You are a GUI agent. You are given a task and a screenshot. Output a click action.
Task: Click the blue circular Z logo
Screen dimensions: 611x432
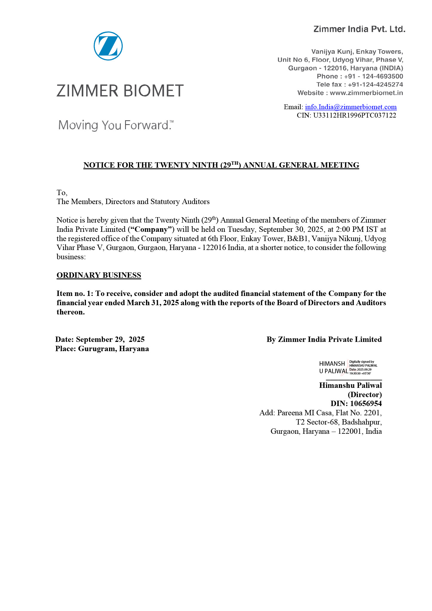tap(108, 46)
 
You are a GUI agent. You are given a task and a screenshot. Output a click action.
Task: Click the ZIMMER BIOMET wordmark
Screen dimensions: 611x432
tap(120, 91)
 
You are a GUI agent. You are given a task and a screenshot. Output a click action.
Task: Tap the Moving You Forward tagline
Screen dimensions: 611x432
tap(116, 125)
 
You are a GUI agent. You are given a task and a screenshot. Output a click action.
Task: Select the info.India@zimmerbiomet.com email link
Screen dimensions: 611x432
tap(351, 107)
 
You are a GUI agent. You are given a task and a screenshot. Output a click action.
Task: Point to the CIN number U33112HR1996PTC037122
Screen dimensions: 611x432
tap(355, 115)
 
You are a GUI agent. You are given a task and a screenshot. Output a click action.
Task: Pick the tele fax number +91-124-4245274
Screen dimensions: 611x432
tap(375, 84)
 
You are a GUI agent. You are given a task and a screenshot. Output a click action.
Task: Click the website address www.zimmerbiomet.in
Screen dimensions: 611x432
tap(366, 93)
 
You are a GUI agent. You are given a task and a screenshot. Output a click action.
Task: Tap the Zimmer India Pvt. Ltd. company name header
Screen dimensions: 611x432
tap(359, 29)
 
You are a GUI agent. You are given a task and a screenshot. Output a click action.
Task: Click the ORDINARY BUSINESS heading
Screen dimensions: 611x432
tap(99, 275)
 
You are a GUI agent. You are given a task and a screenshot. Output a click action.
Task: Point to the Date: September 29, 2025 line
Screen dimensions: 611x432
tap(100, 340)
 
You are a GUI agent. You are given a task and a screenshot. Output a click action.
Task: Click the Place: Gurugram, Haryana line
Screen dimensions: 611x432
tap(102, 349)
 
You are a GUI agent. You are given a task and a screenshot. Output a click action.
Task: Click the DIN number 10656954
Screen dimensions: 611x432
tap(366, 404)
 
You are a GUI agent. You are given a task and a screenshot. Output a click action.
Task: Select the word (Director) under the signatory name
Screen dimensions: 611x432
tap(365, 394)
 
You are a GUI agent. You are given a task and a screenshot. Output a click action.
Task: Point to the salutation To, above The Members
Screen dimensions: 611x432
tap(62, 192)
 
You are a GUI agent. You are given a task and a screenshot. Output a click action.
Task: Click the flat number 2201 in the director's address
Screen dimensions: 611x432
tap(372, 413)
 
